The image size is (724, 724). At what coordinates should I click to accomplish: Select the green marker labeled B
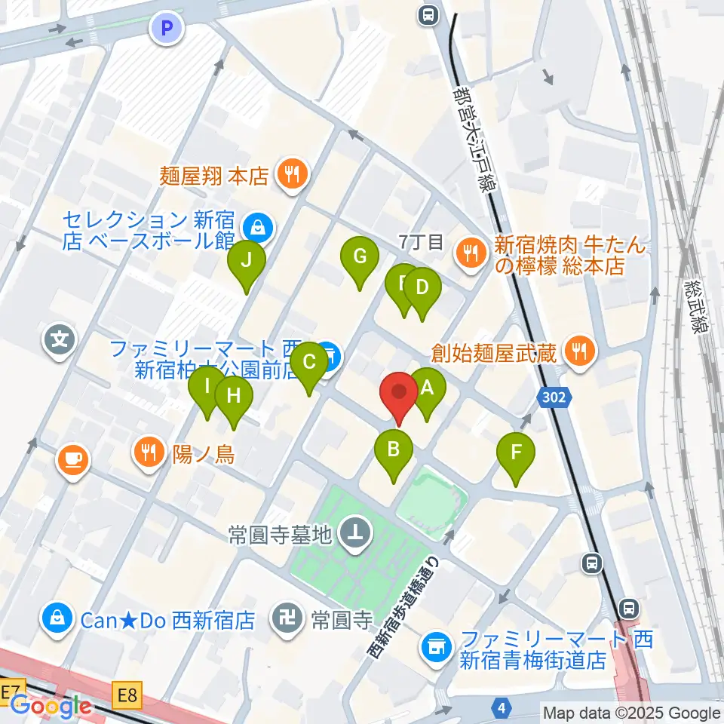coord(394,451)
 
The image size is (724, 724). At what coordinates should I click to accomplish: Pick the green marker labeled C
coord(309,363)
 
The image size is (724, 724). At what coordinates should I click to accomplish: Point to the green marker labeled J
coord(247,261)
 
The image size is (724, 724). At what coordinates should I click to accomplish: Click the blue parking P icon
coord(167,29)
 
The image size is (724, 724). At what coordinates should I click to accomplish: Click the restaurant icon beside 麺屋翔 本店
coord(290,176)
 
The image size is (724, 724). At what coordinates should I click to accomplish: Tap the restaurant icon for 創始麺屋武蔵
coord(579,350)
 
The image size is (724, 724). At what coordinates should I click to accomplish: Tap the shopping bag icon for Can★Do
coord(57,620)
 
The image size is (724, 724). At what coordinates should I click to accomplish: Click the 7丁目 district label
coord(421,242)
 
